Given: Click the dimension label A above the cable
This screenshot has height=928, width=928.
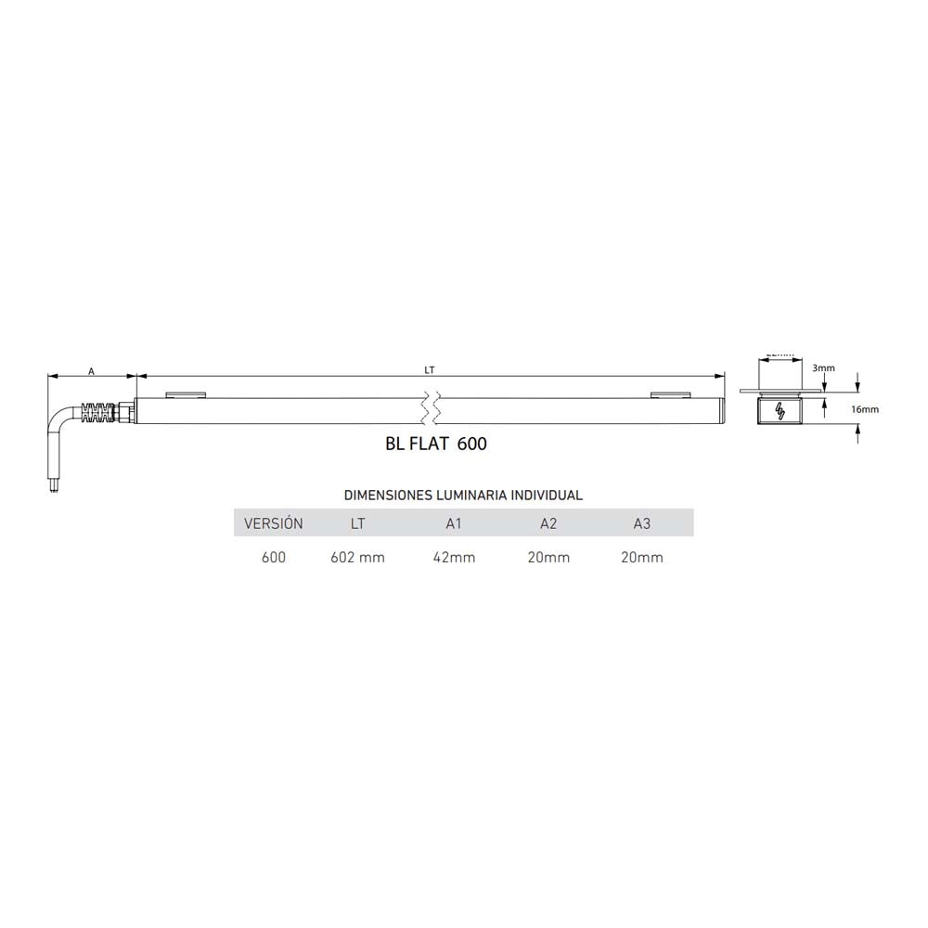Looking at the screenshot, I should [x=91, y=370].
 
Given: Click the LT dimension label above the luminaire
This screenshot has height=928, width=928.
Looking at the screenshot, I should [x=430, y=369].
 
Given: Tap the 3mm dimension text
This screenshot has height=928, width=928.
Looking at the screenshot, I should [x=823, y=368].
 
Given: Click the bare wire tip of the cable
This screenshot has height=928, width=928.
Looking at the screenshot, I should [x=53, y=484].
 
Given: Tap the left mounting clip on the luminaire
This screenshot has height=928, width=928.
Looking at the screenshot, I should [x=186, y=395].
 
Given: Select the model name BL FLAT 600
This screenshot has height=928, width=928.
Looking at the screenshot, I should [x=435, y=445].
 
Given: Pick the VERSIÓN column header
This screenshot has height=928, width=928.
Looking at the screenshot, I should [x=273, y=523].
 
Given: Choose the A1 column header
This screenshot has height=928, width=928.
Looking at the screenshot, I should [x=454, y=523].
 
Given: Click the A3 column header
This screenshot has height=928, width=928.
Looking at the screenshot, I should [x=641, y=523].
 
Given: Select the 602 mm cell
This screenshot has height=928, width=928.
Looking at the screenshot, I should [x=357, y=558].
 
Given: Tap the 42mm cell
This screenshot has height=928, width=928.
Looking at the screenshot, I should [x=454, y=558].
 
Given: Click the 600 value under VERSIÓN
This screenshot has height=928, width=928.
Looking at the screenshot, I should [x=273, y=558].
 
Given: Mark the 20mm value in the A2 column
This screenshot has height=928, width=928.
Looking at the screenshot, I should [x=548, y=558].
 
